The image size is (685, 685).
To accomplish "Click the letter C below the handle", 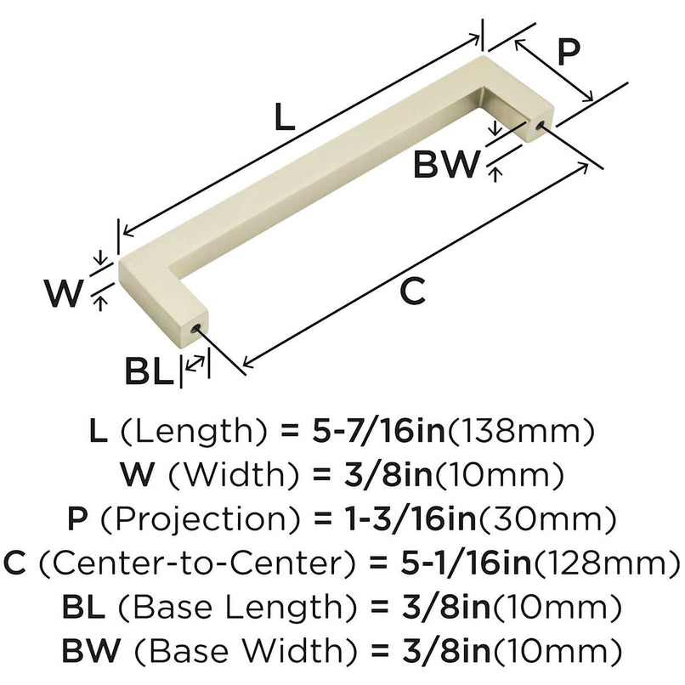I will coord(411,291).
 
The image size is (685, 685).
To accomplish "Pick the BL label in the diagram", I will coord(150,371).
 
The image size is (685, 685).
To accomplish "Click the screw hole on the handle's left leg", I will coord(199,327).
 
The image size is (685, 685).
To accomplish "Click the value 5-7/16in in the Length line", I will coord(374,432).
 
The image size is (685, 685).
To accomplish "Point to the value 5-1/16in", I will coord(455,561).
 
